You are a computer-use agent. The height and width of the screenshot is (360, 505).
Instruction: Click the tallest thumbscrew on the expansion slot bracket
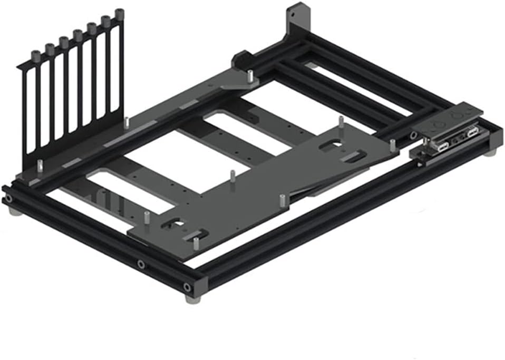tap(120, 13)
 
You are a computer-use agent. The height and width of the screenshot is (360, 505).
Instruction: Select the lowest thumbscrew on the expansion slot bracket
tap(35, 55)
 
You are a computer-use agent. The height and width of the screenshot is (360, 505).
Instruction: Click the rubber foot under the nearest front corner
tap(190, 298)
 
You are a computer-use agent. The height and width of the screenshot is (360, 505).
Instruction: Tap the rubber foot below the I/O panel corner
tap(491, 152)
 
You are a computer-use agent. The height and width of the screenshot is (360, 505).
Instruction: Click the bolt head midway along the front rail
tap(141, 264)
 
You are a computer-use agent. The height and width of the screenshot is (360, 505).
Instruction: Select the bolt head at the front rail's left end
tap(8, 199)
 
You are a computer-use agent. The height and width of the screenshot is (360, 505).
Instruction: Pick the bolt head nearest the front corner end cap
tap(187, 287)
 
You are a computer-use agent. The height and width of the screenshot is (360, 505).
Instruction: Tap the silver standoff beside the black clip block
tap(251, 77)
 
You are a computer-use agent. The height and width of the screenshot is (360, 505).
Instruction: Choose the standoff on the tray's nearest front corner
tap(196, 243)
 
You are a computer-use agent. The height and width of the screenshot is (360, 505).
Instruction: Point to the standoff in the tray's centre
tap(232, 176)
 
